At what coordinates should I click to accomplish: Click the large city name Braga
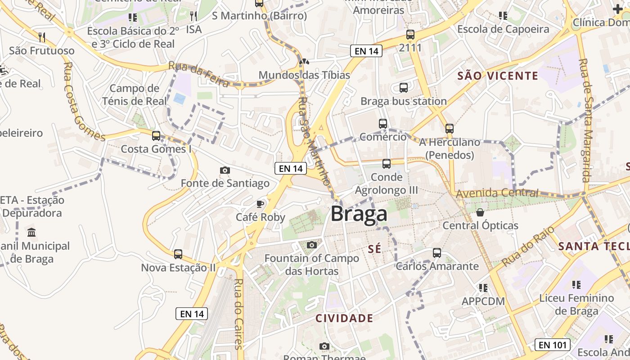click(x=359, y=214)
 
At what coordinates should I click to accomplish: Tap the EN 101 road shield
click(x=553, y=345)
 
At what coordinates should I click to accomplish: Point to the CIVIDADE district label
click(x=344, y=319)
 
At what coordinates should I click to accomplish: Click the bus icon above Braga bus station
click(x=404, y=88)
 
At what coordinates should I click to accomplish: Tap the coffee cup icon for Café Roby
click(x=260, y=204)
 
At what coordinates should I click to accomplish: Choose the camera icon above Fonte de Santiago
click(x=225, y=170)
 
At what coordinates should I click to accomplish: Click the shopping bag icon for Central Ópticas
click(x=480, y=212)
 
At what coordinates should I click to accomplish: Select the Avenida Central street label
click(x=497, y=193)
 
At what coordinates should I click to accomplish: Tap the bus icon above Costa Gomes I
click(x=156, y=135)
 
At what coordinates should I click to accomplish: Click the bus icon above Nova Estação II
click(x=178, y=254)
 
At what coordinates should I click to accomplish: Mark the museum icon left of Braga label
click(x=31, y=233)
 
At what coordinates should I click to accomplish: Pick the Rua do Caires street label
click(x=238, y=314)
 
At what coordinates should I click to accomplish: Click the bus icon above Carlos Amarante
click(x=436, y=253)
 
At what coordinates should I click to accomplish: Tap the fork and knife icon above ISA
click(x=193, y=17)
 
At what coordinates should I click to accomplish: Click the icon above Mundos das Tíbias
click(x=304, y=62)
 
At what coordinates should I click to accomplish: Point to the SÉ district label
click(x=374, y=249)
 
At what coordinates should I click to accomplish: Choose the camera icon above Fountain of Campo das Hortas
click(x=311, y=245)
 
